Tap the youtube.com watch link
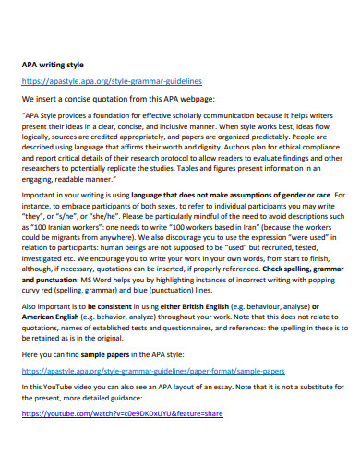tap(123, 414)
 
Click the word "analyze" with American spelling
tap(139, 318)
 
